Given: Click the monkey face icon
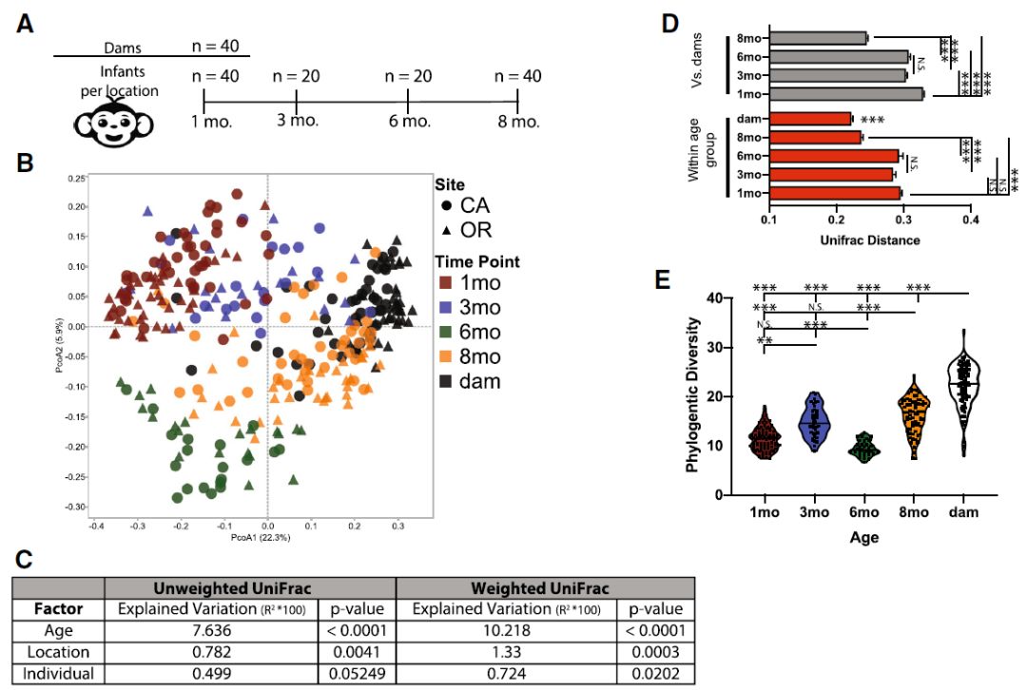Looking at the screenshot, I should click(x=106, y=120).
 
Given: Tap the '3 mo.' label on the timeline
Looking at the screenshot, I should click(x=296, y=123).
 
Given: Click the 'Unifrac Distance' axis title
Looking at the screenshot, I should click(x=870, y=240).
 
